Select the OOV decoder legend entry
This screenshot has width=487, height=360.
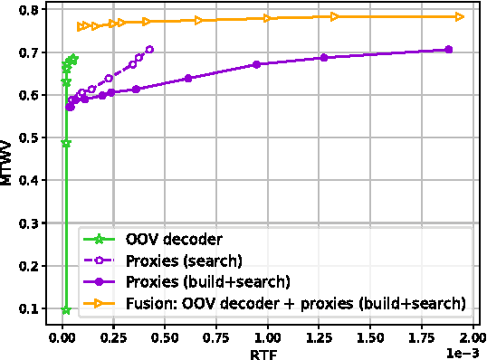pyautogui.click(x=160, y=239)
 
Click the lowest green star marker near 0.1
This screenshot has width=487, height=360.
pyautogui.click(x=65, y=309)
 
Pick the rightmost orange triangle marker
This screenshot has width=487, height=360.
pyautogui.click(x=460, y=16)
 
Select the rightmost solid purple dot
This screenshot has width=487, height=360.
pyautogui.click(x=449, y=50)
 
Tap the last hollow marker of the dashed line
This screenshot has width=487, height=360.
pyautogui.click(x=149, y=50)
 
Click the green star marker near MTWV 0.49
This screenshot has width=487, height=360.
pyautogui.click(x=65, y=143)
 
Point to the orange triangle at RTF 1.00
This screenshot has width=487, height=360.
pyautogui.click(x=268, y=18)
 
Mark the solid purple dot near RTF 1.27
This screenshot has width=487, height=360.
pyautogui.click(x=323, y=58)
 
